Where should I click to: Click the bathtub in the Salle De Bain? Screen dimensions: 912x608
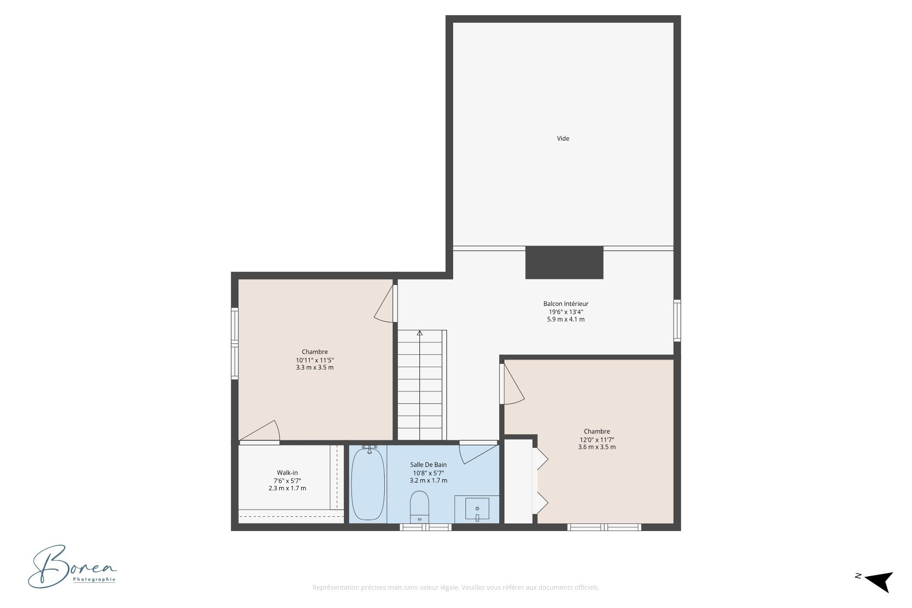368,484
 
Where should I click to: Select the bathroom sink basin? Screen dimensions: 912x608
477,509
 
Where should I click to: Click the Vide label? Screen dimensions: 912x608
563,139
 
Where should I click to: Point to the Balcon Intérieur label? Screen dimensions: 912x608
566,304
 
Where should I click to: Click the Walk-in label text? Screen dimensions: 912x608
287,473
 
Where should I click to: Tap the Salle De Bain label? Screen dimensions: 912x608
428,465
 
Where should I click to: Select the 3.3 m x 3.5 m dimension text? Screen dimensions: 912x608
314,367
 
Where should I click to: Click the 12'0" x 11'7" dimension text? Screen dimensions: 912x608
597,439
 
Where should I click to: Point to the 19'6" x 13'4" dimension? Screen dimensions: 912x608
566,312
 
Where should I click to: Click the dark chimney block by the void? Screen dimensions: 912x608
564,262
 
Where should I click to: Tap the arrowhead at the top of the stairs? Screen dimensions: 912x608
419,333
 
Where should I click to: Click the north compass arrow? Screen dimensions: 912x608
879,581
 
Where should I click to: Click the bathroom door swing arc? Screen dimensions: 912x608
479,454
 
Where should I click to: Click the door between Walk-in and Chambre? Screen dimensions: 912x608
259,432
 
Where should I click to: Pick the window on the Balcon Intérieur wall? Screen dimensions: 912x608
677,321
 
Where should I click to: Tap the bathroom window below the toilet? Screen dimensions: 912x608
425,527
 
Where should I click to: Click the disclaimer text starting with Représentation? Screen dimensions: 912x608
456,588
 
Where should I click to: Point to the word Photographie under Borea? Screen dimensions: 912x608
94,579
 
